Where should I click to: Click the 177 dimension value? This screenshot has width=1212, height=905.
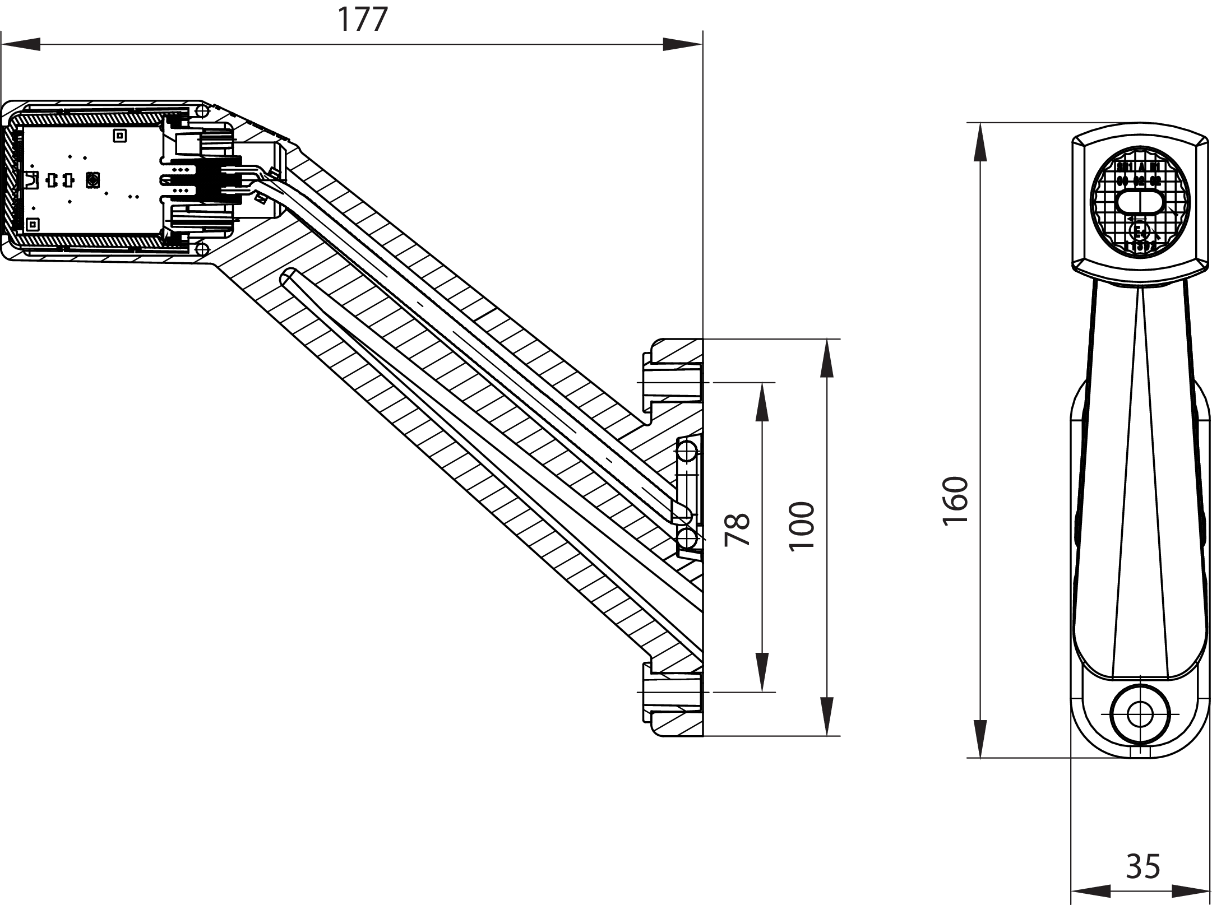click(x=362, y=20)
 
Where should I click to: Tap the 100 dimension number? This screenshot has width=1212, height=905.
click(x=802, y=526)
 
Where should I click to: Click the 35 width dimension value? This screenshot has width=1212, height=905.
click(x=1143, y=866)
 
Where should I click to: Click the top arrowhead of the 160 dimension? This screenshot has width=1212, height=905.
click(x=980, y=142)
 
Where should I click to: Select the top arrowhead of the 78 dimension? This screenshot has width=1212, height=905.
click(x=761, y=402)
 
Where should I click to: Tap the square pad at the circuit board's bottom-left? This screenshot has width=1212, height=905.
click(x=33, y=225)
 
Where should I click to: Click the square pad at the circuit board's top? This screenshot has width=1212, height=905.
click(x=119, y=135)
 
